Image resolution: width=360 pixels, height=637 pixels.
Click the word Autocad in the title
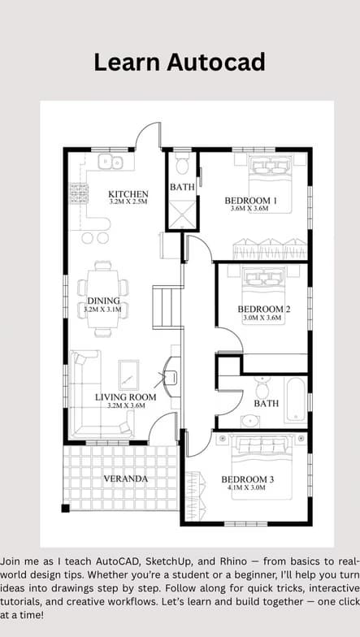point(216,63)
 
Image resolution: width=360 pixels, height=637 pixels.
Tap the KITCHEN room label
point(128,193)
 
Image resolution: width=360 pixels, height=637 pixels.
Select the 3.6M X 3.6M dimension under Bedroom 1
point(249,208)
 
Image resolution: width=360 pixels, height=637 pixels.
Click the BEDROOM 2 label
point(263,309)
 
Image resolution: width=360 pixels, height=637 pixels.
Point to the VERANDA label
point(125,479)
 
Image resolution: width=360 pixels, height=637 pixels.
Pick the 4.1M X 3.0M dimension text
point(247,487)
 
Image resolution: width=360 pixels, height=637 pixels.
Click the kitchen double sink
point(111,162)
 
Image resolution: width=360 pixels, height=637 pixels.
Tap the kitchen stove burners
point(80,193)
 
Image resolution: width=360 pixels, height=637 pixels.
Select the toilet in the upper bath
point(182,162)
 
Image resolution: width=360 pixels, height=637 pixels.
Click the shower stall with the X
point(182,214)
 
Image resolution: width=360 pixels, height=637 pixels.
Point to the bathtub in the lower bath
point(296,400)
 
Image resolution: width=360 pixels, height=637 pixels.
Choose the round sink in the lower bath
point(250,421)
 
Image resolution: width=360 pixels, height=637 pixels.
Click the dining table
point(103,299)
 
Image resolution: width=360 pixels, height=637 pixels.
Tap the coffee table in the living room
point(128,375)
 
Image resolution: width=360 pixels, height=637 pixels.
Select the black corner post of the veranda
point(65,508)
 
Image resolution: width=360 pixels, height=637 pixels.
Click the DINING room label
point(104,301)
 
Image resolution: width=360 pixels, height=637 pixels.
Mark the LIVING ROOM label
point(125,396)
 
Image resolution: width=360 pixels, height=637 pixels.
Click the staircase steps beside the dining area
point(167,307)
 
